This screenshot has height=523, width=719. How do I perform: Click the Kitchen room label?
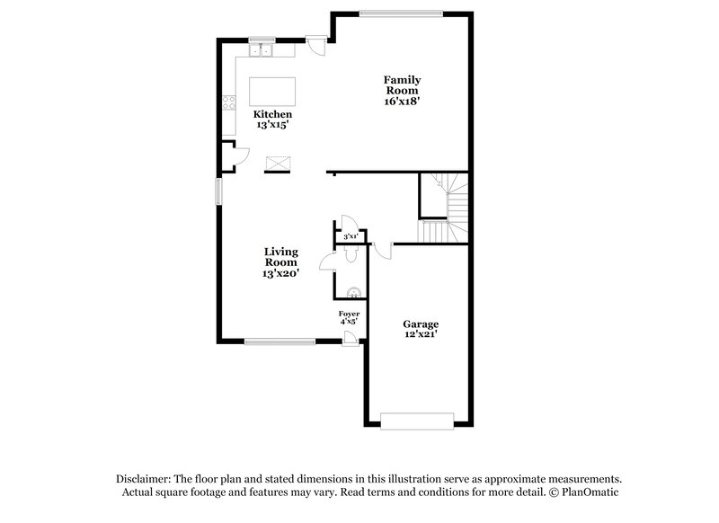point(272,115)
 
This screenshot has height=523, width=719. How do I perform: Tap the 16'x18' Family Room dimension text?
point(402,102)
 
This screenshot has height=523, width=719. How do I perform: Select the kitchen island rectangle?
point(272,91)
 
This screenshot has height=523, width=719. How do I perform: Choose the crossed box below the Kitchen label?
point(278,163)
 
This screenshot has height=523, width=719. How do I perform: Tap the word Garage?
point(420,324)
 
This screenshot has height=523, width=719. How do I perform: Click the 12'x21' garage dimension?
point(420,335)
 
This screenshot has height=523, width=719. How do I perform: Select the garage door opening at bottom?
point(417,420)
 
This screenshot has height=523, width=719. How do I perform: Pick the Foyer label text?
point(349,313)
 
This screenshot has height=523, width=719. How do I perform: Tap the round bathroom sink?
point(355,291)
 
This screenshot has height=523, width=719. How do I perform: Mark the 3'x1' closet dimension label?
point(351,236)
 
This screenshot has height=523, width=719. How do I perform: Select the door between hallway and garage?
point(383,250)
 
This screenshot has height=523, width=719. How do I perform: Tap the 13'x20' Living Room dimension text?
point(280,273)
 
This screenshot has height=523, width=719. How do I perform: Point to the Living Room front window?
point(280,341)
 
